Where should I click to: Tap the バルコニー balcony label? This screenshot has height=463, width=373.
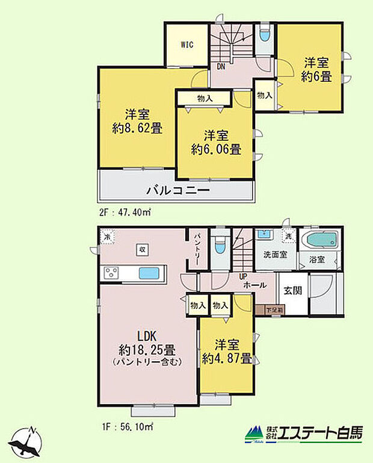tap(177, 191)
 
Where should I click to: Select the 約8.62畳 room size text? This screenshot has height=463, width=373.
tap(138, 128)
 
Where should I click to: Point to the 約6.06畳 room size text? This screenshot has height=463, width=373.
tap(216, 149)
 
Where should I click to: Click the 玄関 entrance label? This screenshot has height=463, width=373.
tap(292, 290)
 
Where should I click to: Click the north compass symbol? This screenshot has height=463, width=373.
tap(27, 442)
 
